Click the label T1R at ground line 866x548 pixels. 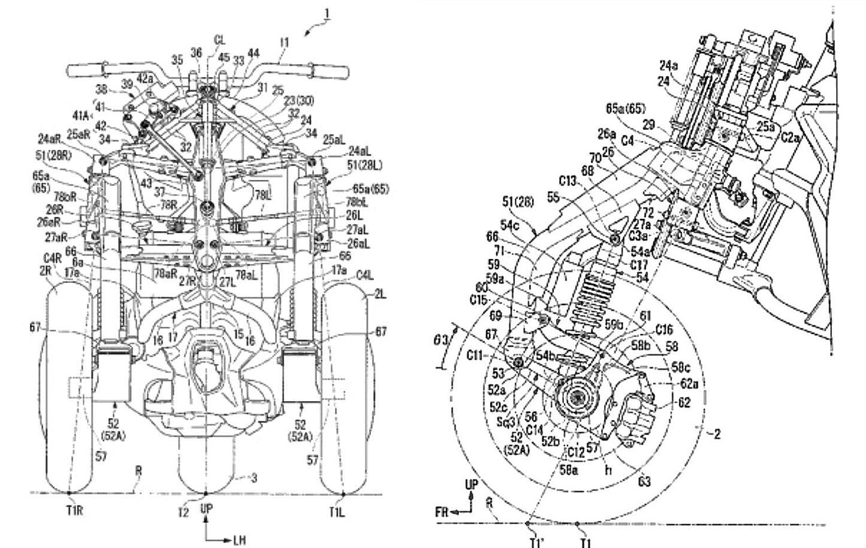[x=70, y=511]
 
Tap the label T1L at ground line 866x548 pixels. [x=337, y=511]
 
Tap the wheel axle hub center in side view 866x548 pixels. [x=577, y=398]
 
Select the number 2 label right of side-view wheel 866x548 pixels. [x=717, y=433]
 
